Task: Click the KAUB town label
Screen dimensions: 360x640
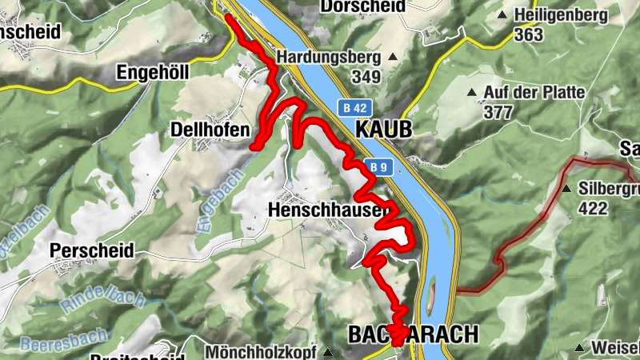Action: coord(383,129)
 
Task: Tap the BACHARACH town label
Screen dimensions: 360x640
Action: coord(413,334)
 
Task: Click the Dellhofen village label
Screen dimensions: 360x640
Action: coord(205,129)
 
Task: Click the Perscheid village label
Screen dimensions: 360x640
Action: coord(91,250)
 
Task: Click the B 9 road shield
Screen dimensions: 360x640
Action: coord(378,166)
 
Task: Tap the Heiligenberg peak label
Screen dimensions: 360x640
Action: coord(562,15)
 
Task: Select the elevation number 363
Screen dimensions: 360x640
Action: coord(530,34)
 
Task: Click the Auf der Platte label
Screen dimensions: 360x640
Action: coord(534,93)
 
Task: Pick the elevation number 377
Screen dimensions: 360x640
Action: coord(498,112)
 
